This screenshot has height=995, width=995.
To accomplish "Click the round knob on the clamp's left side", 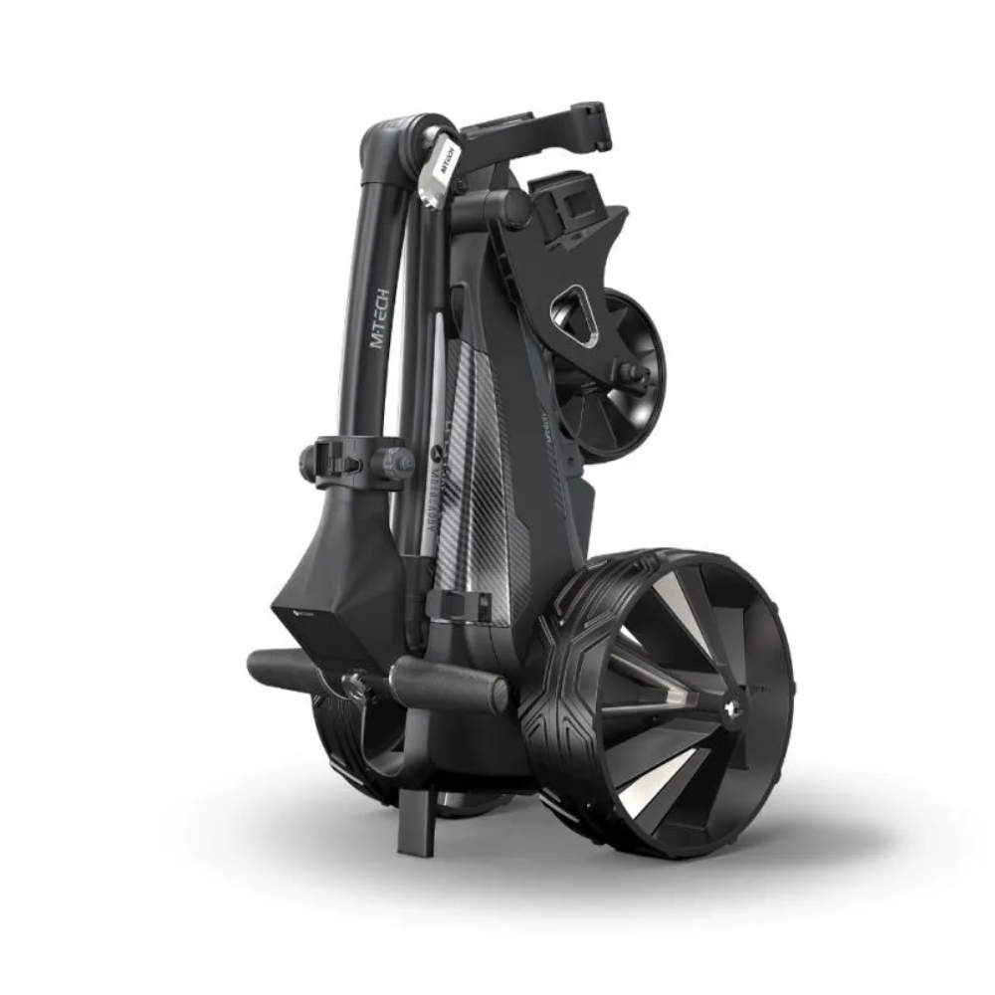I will point(308,461).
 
